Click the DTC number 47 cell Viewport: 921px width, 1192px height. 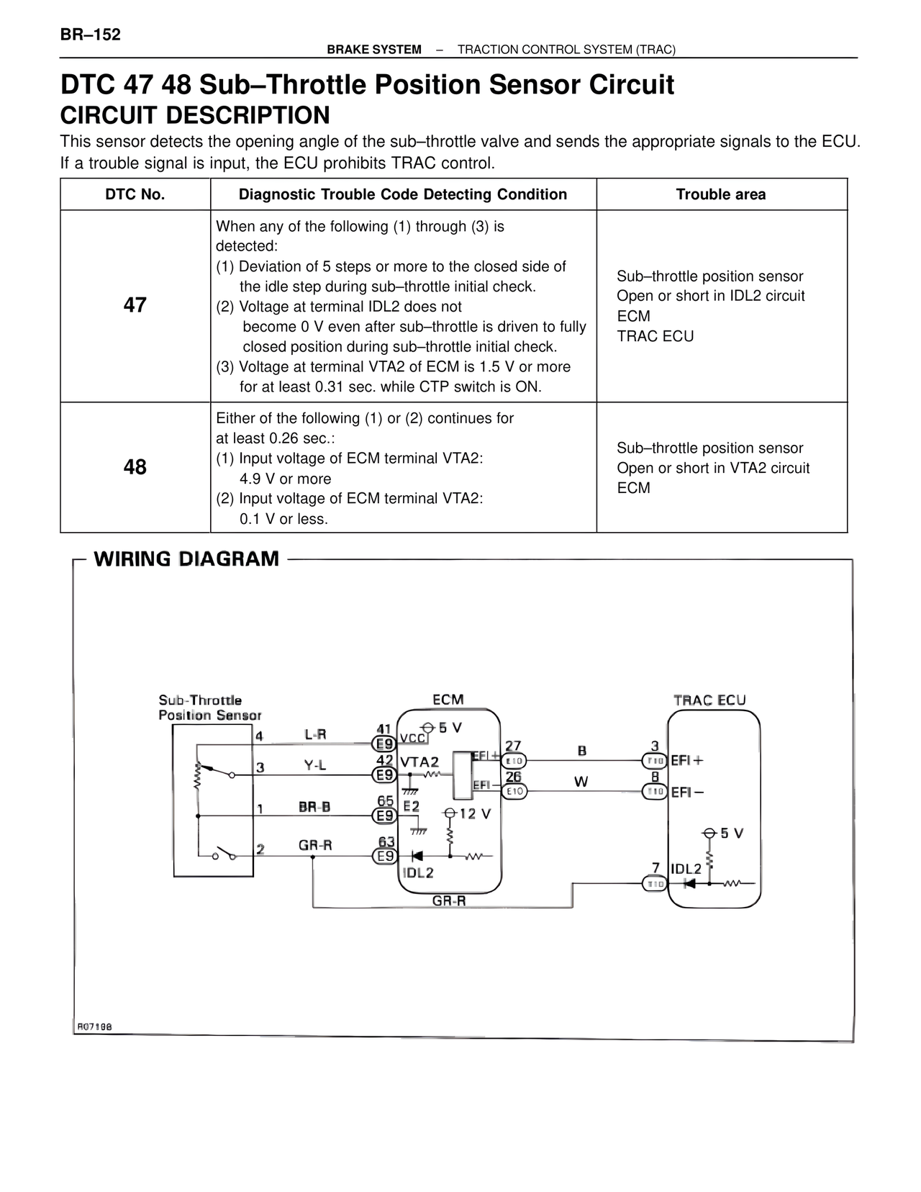135,305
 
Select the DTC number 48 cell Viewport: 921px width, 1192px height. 135,467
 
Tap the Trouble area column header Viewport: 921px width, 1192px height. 721,194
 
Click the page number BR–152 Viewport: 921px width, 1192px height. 91,35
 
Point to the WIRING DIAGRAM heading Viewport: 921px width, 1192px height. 186,559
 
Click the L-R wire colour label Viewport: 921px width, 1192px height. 315,734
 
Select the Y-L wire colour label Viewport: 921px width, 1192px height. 315,766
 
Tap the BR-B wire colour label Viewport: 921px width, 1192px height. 314,807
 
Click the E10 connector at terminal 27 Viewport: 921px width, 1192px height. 514,760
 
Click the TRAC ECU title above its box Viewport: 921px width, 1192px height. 709,700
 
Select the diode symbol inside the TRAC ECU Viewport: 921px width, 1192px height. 689,883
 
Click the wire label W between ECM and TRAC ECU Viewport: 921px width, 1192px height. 581,782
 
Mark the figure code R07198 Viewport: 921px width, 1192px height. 94,1026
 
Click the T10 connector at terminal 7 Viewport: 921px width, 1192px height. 654,884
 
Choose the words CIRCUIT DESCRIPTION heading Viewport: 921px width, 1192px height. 195,115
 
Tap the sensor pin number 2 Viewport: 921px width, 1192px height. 260,849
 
